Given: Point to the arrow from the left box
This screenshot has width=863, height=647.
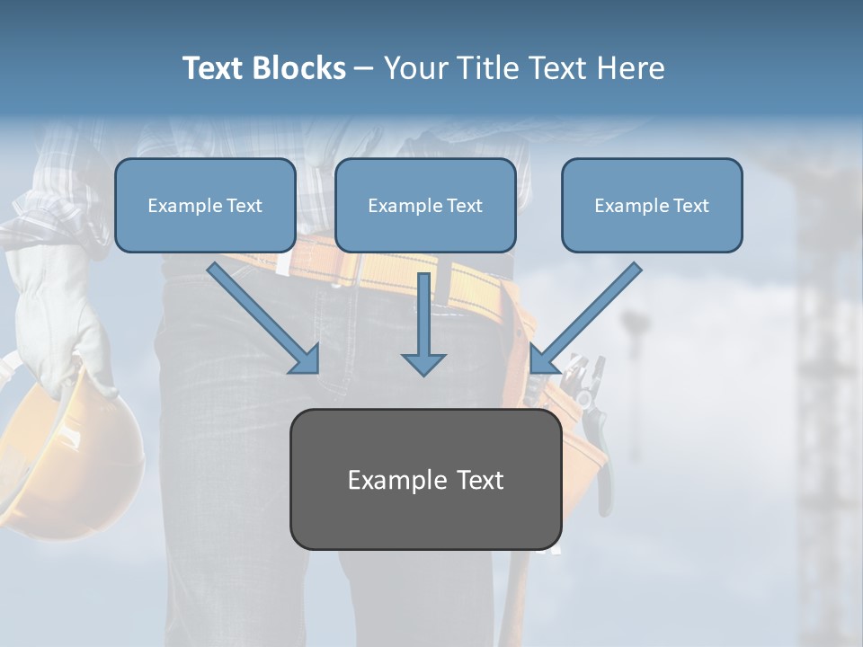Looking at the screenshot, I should point(265,319).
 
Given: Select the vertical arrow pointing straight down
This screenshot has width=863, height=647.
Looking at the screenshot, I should point(423,323).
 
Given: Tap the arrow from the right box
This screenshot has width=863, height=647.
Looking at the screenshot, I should point(584,319).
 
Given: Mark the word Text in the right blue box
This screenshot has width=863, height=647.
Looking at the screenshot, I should point(690,206).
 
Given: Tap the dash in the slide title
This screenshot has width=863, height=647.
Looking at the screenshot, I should point(364,69).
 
